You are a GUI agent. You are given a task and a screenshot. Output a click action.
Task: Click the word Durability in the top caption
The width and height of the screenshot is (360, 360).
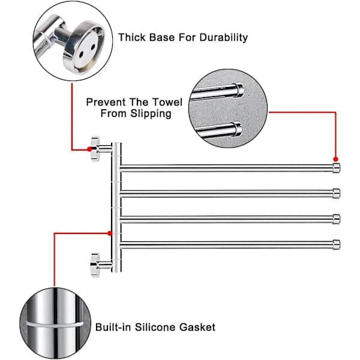(223, 37)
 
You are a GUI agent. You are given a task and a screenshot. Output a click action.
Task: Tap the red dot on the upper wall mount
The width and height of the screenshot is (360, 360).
(89, 149)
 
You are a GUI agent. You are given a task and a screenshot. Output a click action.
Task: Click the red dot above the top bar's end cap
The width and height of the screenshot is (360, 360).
(335, 159)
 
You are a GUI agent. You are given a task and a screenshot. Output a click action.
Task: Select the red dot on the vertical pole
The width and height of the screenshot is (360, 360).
(110, 233)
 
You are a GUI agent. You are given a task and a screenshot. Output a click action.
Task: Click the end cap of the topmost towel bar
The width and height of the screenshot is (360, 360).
(337, 168)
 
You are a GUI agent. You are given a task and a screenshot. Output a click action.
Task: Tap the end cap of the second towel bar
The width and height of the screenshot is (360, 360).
(337, 193)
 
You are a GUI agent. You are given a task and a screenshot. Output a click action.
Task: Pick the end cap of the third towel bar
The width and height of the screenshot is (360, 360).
(337, 219)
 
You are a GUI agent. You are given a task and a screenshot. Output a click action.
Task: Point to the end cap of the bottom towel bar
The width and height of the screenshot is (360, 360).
(337, 244)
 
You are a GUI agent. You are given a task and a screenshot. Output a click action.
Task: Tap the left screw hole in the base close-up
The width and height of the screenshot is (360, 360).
(81, 55)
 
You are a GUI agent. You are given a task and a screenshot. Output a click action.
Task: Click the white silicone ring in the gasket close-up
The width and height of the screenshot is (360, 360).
(55, 325)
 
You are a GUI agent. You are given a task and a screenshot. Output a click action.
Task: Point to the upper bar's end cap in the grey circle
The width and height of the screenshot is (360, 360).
(239, 90)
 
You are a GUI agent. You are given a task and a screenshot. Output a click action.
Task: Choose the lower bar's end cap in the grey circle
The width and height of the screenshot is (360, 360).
(237, 129)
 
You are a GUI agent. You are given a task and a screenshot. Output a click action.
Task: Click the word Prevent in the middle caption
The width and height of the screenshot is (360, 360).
(106, 102)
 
